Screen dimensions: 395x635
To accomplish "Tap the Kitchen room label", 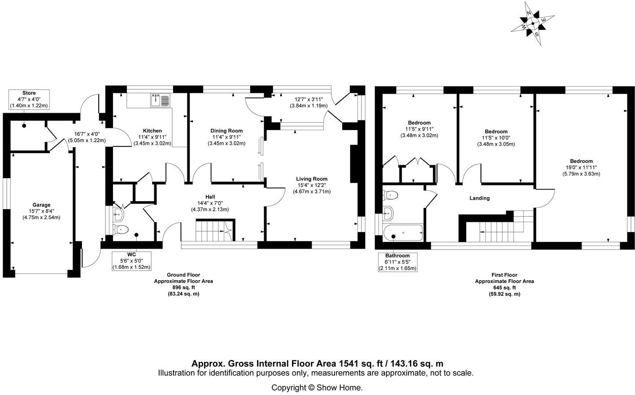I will (152, 131).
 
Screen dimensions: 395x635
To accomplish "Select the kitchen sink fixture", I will (160, 100).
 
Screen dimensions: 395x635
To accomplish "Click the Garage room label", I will (41, 205).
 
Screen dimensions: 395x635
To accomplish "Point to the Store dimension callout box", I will (29, 99).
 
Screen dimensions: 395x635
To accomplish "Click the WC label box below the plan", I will (131, 260).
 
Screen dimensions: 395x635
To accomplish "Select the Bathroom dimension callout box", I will (397, 262).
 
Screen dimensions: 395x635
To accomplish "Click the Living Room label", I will (312, 179).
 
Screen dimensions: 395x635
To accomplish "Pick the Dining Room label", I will (226, 131).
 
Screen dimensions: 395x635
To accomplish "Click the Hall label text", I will (210, 197).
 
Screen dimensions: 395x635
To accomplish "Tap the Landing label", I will (479, 198).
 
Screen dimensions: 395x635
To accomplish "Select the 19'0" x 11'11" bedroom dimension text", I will (581, 167).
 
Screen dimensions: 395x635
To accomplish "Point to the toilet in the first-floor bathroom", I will (390, 195).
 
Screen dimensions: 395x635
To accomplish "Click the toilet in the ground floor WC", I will (122, 230).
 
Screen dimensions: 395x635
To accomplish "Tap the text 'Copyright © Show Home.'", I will (317, 387).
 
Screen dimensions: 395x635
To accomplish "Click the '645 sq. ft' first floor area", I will (504, 288).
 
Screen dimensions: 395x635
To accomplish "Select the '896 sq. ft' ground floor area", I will (183, 288).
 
